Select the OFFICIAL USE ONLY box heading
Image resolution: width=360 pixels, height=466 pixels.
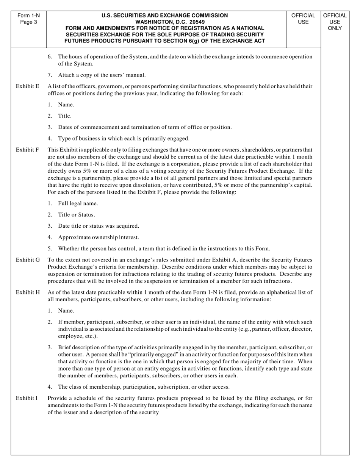[335, 22]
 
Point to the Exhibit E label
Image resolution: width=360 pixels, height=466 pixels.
[27, 86]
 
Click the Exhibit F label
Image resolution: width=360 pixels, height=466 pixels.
[27, 150]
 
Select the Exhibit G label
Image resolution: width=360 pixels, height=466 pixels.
[28, 260]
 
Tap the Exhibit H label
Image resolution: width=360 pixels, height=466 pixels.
[28, 292]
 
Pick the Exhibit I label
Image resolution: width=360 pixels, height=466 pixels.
[27, 398]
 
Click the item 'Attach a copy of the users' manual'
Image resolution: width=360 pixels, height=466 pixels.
[102, 75]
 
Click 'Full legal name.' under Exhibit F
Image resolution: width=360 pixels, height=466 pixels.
[78, 203]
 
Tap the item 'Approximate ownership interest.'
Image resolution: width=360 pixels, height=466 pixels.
[98, 238]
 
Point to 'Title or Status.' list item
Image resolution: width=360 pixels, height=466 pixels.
[76, 215]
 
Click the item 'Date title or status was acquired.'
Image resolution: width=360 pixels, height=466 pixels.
[99, 226]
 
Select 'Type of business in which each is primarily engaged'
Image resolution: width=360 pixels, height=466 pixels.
[124, 139]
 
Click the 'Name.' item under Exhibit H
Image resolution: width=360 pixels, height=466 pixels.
[66, 311]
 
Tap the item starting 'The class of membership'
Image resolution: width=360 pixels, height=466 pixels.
[144, 387]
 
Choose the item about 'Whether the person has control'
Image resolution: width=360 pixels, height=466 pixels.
[164, 249]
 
